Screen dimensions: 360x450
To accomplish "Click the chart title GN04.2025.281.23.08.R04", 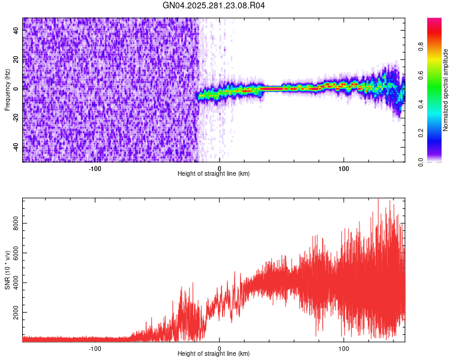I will pos(214,6).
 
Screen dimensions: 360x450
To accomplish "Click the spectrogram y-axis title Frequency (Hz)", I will pos(7,90).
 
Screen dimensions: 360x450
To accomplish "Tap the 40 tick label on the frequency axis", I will pos(16,31).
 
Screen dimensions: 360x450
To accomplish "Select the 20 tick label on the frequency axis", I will pos(16,60).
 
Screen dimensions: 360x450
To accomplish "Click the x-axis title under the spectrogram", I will pos(214,174).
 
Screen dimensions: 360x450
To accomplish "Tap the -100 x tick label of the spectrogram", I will pos(95,168).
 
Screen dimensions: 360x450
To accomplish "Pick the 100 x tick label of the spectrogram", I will pos(344,168).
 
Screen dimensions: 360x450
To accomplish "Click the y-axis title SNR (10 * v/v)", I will pos(7,270).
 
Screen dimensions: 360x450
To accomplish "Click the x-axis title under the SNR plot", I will pos(214,354).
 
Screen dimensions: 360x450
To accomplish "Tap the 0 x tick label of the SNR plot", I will pos(220,348).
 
